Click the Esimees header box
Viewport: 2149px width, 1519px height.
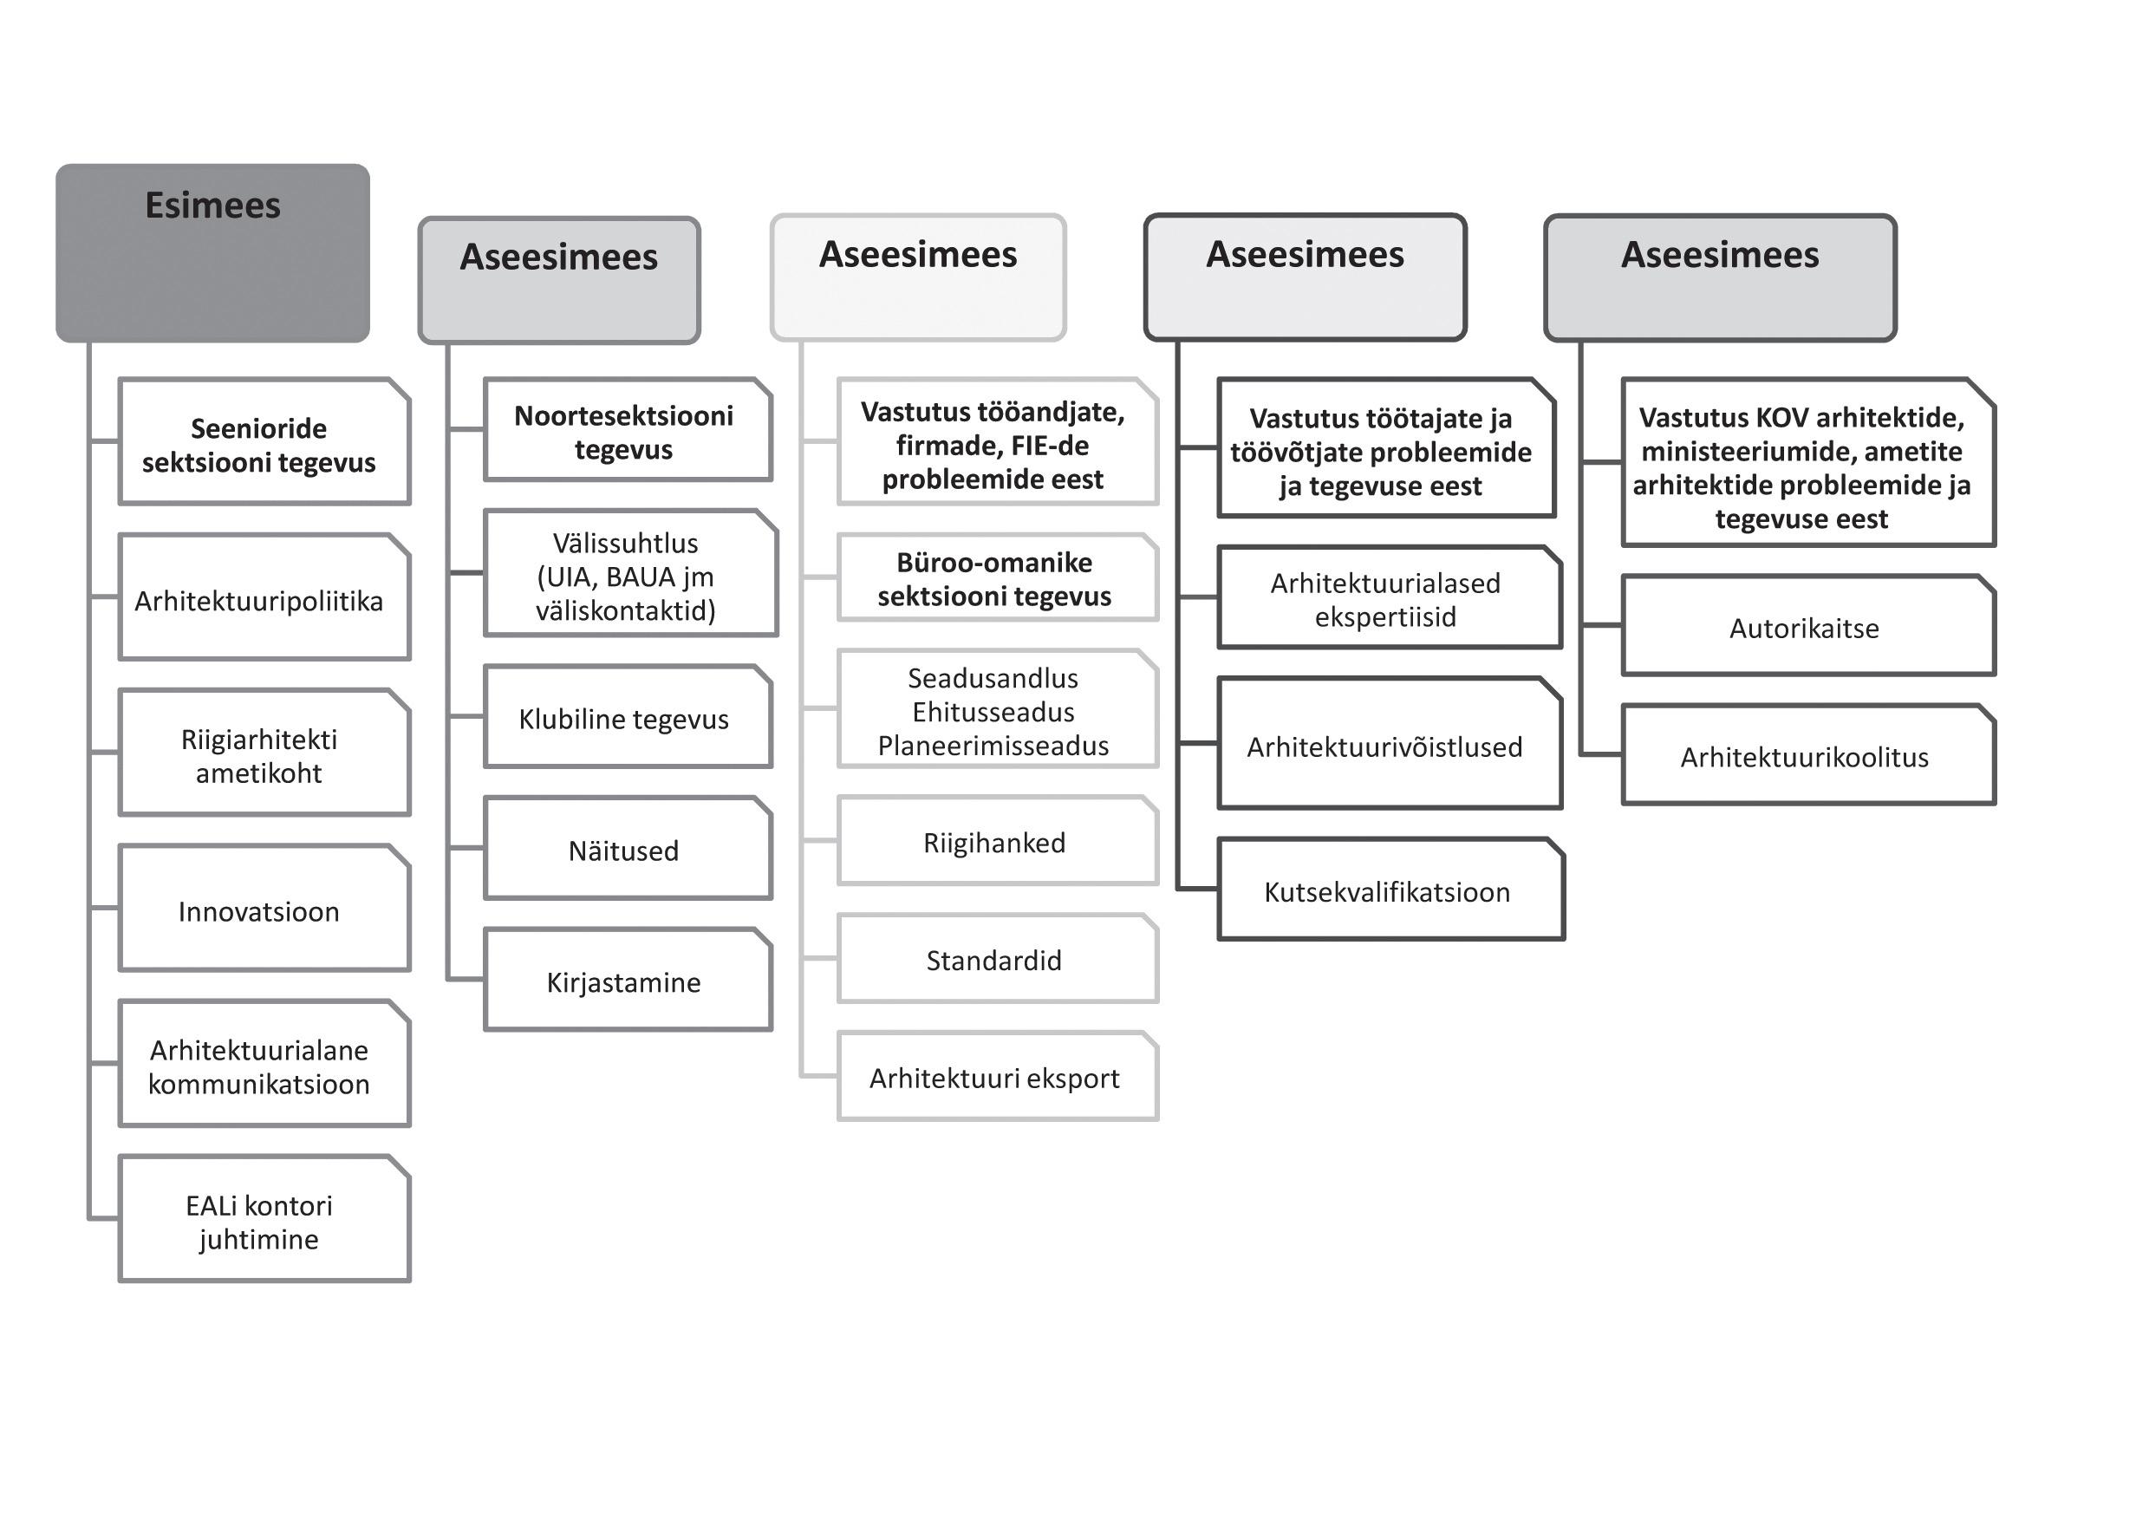tap(212, 252)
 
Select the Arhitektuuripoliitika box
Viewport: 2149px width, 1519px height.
tap(264, 597)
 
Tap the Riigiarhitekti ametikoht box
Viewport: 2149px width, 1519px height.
tap(264, 753)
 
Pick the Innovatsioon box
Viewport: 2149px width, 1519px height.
tap(264, 909)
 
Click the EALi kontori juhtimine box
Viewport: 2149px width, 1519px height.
tap(264, 1220)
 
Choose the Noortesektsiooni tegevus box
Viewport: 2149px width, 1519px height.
tap(627, 431)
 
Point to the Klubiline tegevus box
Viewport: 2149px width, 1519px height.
tap(627, 718)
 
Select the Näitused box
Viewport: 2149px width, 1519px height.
tap(627, 849)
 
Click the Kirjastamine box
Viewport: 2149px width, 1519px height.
tap(627, 981)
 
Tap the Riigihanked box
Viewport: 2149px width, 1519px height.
tap(997, 841)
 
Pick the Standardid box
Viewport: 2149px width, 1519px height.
tap(997, 959)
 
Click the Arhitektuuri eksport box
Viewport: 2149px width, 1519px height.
tap(997, 1077)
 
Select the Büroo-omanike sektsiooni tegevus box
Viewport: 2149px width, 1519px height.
tap(997, 578)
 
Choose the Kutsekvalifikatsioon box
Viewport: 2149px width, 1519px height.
tap(1390, 890)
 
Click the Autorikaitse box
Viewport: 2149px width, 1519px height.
tap(1807, 626)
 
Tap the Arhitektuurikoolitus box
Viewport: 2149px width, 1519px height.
tap(1807, 755)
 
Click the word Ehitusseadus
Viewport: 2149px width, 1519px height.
tap(993, 712)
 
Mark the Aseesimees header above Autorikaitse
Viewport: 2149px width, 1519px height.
tap(1719, 278)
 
